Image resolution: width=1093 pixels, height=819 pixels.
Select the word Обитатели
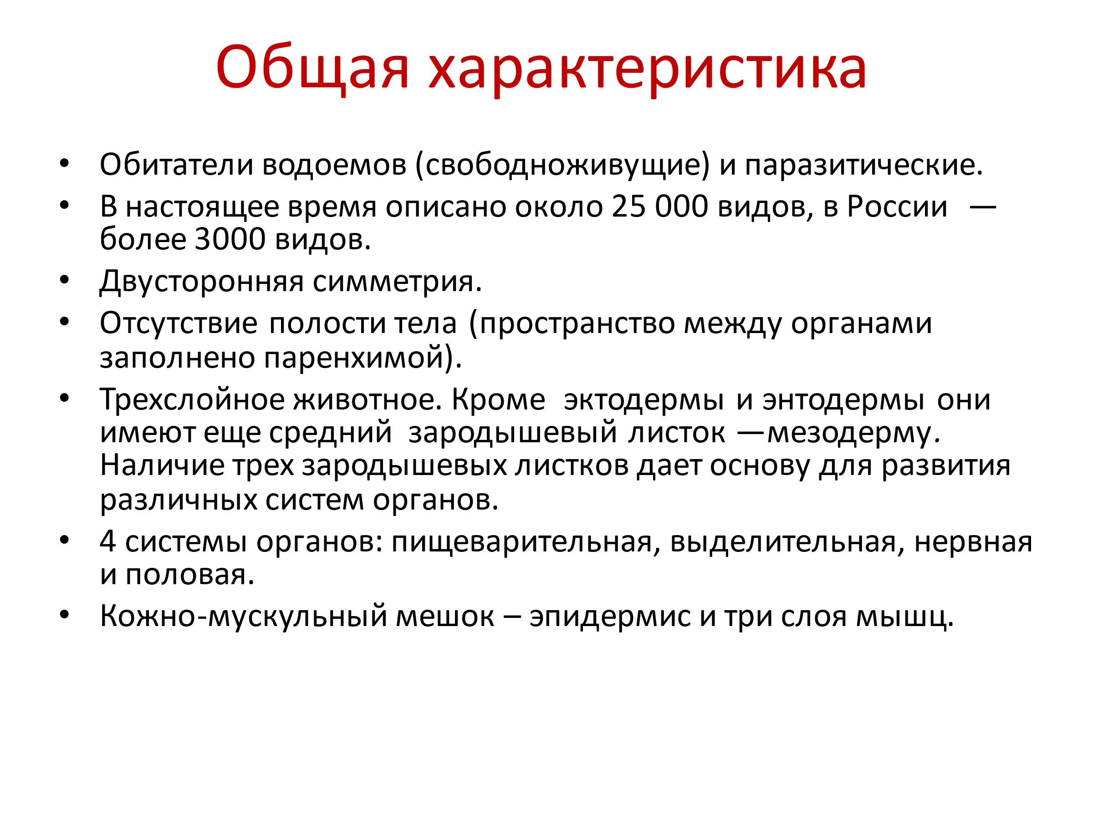pyautogui.click(x=176, y=164)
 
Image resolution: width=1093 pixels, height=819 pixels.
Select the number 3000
pyautogui.click(x=230, y=239)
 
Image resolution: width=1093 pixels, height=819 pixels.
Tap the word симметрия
pyautogui.click(x=397, y=283)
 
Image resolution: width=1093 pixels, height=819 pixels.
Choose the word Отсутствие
pyautogui.click(x=179, y=324)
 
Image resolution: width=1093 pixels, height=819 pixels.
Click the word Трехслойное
pyautogui.click(x=192, y=400)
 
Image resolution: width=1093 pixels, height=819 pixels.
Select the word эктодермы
pyautogui.click(x=644, y=400)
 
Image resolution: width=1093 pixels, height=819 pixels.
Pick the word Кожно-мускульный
pyautogui.click(x=244, y=616)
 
